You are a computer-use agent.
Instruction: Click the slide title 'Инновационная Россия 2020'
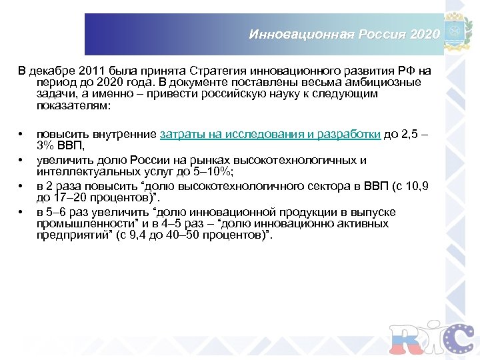[344, 34]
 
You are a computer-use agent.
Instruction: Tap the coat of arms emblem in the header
[460, 31]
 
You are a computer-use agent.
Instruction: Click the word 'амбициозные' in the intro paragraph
[387, 83]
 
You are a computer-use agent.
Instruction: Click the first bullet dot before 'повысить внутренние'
[22, 134]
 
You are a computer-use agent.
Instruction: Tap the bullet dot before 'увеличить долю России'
[22, 161]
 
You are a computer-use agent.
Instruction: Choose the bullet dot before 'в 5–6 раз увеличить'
[22, 213]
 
